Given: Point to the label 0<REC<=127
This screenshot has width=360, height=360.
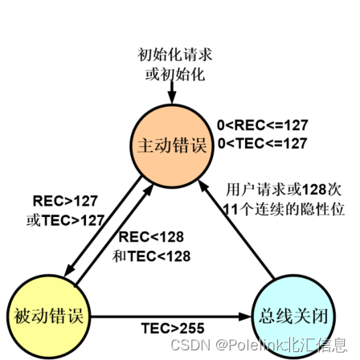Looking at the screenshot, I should (262, 125).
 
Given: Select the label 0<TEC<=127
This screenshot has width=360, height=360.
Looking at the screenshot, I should (262, 143).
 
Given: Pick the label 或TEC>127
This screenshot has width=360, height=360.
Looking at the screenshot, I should (65, 219).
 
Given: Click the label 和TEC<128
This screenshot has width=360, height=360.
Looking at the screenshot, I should (152, 256).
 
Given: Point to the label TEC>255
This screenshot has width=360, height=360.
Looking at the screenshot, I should (172, 329).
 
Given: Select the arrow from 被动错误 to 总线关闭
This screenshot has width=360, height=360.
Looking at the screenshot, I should (169, 316).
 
